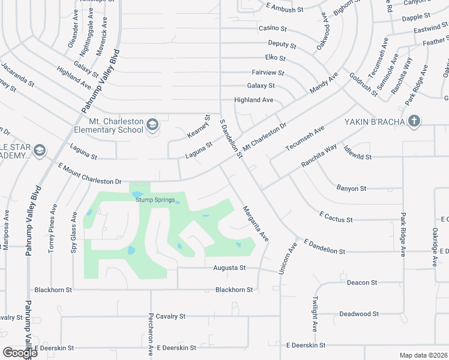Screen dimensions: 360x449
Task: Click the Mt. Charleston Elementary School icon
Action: tap(152, 124)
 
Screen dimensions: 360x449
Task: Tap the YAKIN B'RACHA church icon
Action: tap(414, 121)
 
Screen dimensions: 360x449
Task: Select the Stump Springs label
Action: tap(155, 200)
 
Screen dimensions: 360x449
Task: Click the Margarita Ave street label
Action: tap(255, 224)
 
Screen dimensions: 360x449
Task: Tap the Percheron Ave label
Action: tap(151, 336)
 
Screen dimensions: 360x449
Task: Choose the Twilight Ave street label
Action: tap(315, 314)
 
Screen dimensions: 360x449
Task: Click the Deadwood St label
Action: tap(359, 314)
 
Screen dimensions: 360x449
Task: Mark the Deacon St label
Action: tap(362, 282)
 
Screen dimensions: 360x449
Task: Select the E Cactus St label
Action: tap(336, 216)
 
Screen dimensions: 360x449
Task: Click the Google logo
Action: tap(19, 352)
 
